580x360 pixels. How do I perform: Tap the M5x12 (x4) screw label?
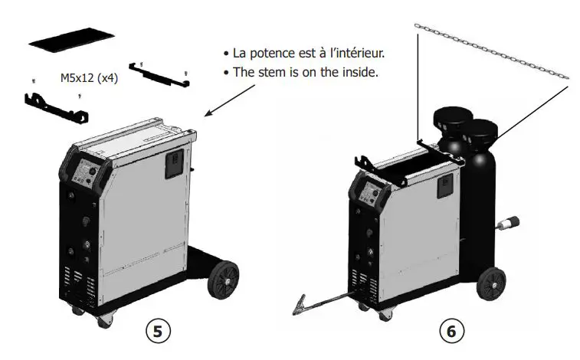88,78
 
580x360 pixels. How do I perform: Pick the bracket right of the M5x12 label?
160,75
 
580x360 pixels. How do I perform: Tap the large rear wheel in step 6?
493,283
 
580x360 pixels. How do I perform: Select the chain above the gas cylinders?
490,50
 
